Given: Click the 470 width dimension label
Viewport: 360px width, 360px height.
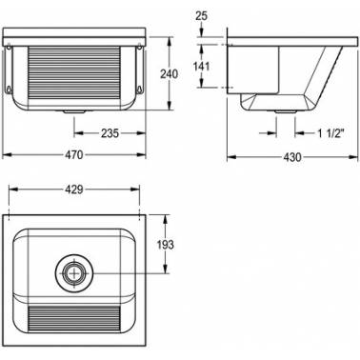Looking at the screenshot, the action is (74, 155).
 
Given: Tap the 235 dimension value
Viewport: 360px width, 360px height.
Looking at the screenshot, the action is (110, 133).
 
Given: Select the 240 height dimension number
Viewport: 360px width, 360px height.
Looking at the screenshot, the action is (169, 74).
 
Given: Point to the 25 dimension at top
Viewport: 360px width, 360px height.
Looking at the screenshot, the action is (201, 16).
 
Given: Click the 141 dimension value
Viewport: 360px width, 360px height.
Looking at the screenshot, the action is (201, 66).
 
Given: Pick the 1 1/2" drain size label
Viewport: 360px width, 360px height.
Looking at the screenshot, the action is (331, 133).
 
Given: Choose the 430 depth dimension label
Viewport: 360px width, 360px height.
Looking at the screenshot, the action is (292, 157).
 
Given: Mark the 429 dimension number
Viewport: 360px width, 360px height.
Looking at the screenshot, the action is (74, 190).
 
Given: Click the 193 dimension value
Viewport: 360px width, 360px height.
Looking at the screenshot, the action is (166, 245).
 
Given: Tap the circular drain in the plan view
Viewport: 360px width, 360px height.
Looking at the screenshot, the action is (74, 273).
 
